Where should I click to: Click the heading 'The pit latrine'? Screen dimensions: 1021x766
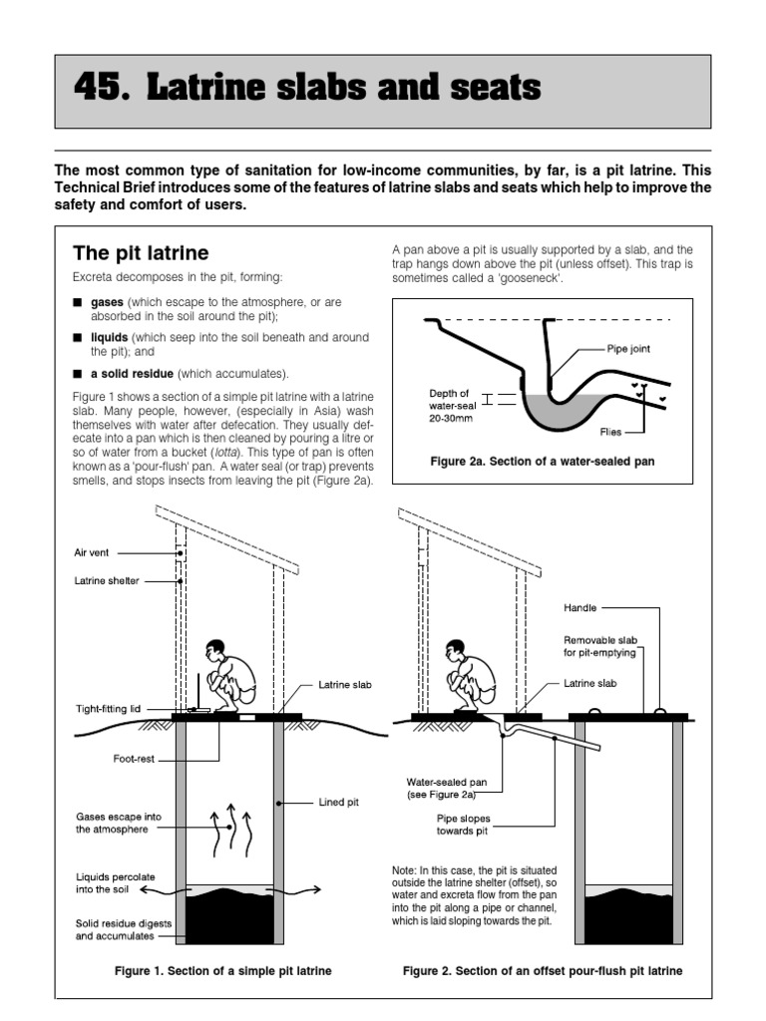[x=141, y=253]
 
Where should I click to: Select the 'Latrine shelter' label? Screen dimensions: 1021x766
[x=107, y=580]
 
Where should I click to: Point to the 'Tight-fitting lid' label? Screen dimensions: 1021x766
[x=116, y=709]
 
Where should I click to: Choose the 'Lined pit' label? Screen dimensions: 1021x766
[x=340, y=801]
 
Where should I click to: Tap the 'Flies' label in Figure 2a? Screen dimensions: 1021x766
[x=611, y=433]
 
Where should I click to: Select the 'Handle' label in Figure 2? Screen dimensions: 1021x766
[x=581, y=606]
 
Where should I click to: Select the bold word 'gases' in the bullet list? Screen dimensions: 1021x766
[x=107, y=301]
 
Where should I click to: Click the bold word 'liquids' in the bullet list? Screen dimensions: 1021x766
[x=110, y=338]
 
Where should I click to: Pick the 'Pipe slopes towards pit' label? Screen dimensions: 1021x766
[x=463, y=824]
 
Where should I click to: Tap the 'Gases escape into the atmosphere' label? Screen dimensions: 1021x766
[x=118, y=823]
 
